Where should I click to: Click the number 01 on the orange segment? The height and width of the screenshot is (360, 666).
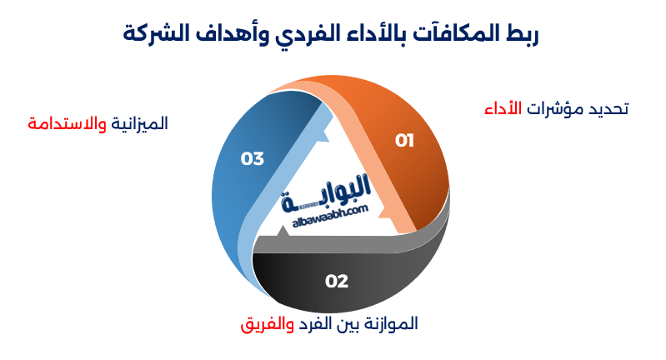coord(404,140)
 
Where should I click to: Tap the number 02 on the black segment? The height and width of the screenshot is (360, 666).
coord(336,281)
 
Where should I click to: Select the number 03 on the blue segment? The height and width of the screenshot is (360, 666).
coord(252,158)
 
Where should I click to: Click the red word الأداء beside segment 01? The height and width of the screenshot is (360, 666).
coord(503,109)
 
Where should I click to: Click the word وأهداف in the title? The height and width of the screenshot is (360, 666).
coord(225,34)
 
